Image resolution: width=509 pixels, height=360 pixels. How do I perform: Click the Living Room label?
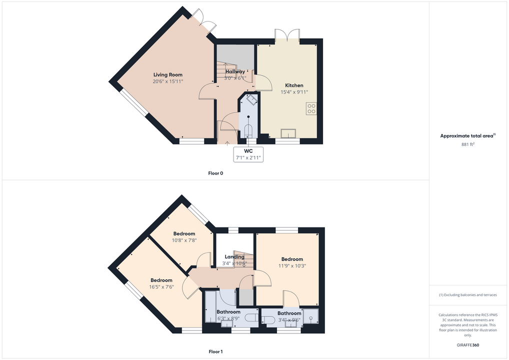[x=168, y=74]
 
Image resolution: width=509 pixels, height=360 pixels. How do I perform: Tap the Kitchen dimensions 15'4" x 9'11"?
[x=294, y=92]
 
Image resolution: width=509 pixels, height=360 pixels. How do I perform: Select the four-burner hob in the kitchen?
[x=311, y=108]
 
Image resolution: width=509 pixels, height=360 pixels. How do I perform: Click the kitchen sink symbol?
[x=288, y=133]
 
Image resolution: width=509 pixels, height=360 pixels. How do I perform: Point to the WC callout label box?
[x=248, y=154]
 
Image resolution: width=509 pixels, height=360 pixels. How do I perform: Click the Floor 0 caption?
[x=215, y=173]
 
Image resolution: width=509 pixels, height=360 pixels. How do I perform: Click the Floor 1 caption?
[x=215, y=351]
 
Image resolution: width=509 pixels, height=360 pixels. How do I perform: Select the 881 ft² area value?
[x=468, y=144]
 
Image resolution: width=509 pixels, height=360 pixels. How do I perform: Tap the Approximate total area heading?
[x=468, y=136]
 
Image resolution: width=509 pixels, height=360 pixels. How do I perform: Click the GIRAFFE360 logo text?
[x=468, y=345]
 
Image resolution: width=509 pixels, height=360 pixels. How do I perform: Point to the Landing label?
[x=234, y=257]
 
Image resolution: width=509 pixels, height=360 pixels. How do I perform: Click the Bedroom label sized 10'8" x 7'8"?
[x=184, y=233]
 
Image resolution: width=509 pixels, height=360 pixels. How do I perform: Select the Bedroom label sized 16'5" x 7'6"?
[x=161, y=280]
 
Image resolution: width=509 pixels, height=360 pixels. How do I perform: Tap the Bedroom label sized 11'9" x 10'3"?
[x=292, y=259]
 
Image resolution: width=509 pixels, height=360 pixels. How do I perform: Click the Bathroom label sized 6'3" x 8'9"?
[x=228, y=312]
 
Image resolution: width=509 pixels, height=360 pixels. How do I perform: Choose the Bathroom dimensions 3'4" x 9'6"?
[x=289, y=320]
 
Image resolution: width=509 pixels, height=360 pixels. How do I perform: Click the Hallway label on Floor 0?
[x=235, y=71]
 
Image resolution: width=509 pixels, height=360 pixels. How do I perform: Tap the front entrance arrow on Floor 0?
[x=227, y=142]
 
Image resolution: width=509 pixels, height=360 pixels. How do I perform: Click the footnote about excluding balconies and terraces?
[x=468, y=295]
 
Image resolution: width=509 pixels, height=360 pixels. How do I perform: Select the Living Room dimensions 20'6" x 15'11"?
[x=168, y=81]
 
